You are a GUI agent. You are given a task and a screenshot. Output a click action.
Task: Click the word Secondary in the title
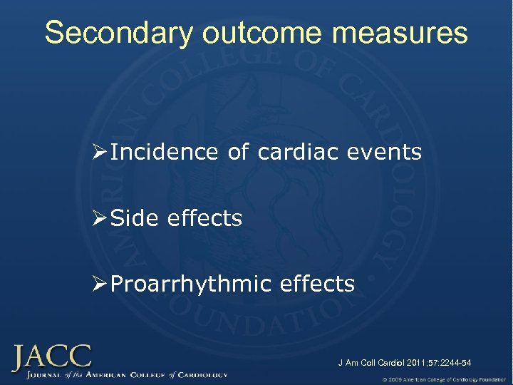(115, 33)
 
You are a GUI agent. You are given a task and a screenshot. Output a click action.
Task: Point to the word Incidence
(165, 152)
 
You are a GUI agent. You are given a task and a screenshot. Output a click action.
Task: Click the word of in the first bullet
(239, 152)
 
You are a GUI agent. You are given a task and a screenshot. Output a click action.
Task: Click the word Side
(135, 218)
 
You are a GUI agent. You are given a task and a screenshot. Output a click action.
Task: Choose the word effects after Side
(204, 218)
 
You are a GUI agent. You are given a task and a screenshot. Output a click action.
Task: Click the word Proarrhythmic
(192, 284)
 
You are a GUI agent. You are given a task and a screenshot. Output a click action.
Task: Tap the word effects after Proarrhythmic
(317, 284)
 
